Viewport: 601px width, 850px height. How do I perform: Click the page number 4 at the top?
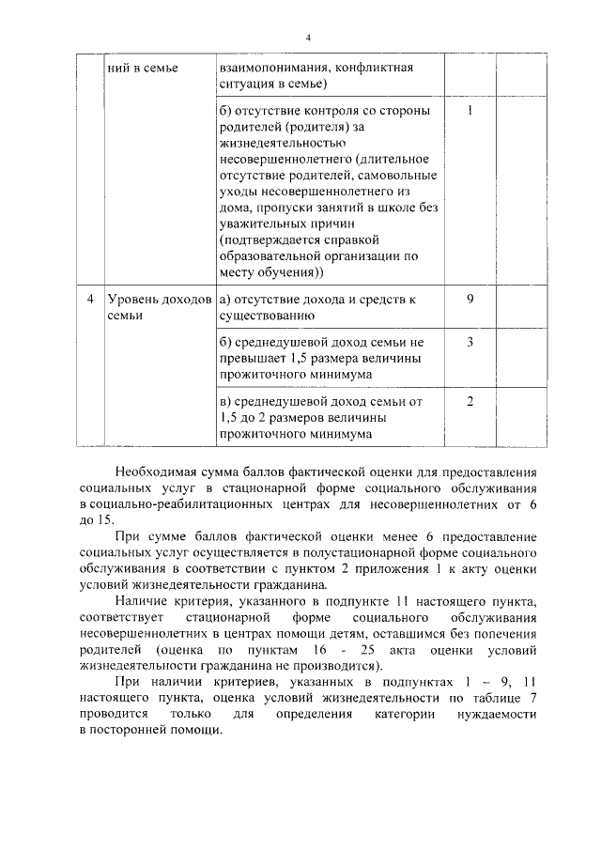click(x=306, y=37)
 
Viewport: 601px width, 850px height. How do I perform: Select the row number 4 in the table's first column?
click(x=88, y=299)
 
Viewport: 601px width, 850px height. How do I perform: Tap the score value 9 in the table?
click(x=469, y=299)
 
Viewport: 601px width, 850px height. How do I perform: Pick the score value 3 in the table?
click(x=469, y=341)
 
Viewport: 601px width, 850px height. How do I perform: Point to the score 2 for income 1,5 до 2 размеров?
click(x=469, y=401)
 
